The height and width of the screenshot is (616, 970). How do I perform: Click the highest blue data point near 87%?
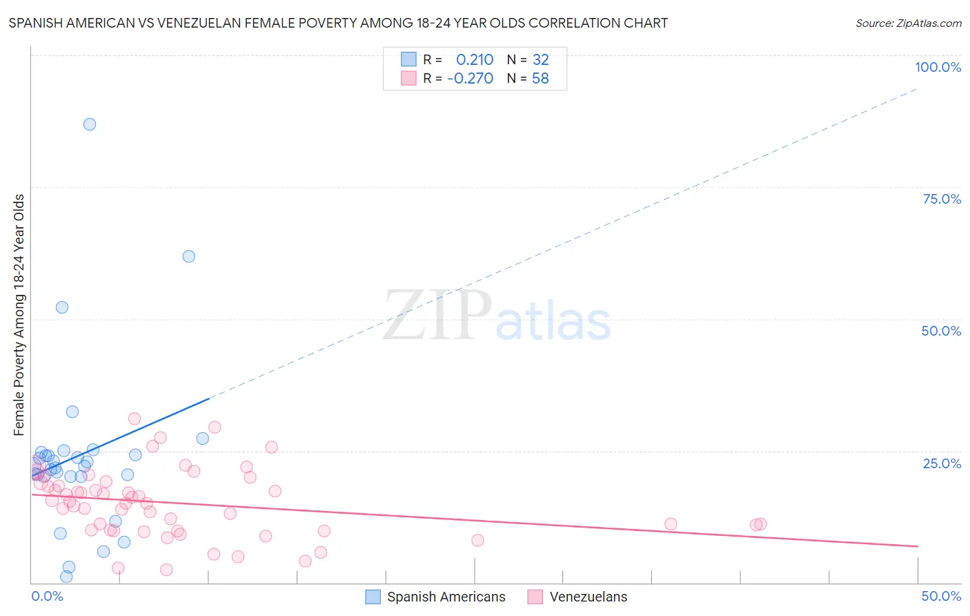(90, 124)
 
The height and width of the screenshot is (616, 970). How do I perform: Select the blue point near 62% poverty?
(189, 256)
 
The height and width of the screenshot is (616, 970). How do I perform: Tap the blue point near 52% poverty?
(62, 307)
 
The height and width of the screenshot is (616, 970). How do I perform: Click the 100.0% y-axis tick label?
(938, 67)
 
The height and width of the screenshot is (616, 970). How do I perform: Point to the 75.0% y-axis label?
(942, 199)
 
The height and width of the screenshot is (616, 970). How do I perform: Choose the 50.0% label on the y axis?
(941, 331)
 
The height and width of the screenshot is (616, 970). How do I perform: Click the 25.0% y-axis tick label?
(942, 463)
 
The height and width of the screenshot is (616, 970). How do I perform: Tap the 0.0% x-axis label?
(47, 596)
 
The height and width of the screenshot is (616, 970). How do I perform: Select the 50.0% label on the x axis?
(941, 596)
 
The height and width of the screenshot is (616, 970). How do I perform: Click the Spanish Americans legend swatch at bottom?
(373, 597)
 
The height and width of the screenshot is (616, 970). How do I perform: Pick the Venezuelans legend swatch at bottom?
(535, 597)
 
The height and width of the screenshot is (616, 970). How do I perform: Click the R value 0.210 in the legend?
(475, 60)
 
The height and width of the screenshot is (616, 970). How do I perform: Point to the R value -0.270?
(471, 79)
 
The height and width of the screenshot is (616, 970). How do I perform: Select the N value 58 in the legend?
(540, 79)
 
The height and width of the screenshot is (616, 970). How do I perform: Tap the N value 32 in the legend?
(540, 60)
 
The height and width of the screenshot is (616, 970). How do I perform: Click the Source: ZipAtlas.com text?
(908, 23)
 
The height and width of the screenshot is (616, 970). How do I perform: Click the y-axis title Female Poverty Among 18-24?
(19, 315)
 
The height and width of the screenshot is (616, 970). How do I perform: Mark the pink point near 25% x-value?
(477, 540)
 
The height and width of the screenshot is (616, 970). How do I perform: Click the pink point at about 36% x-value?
(671, 524)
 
